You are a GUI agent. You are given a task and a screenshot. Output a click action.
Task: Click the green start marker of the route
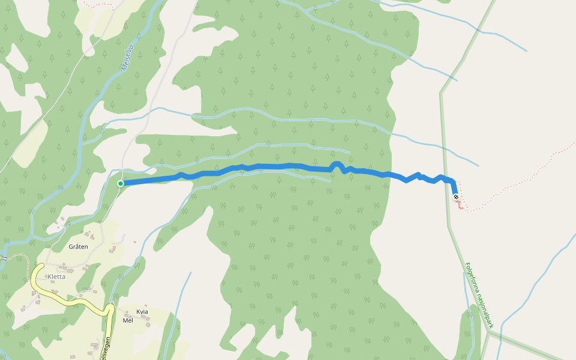pyautogui.click(x=121, y=184)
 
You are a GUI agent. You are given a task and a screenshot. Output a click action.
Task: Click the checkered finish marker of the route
pyautogui.click(x=456, y=197)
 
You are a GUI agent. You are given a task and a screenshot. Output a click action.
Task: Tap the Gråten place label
pyautogui.click(x=79, y=247)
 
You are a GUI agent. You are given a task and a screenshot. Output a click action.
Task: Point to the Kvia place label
pyautogui.click(x=142, y=311)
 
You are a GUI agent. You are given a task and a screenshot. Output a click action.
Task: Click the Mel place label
pyautogui.click(x=127, y=320)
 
